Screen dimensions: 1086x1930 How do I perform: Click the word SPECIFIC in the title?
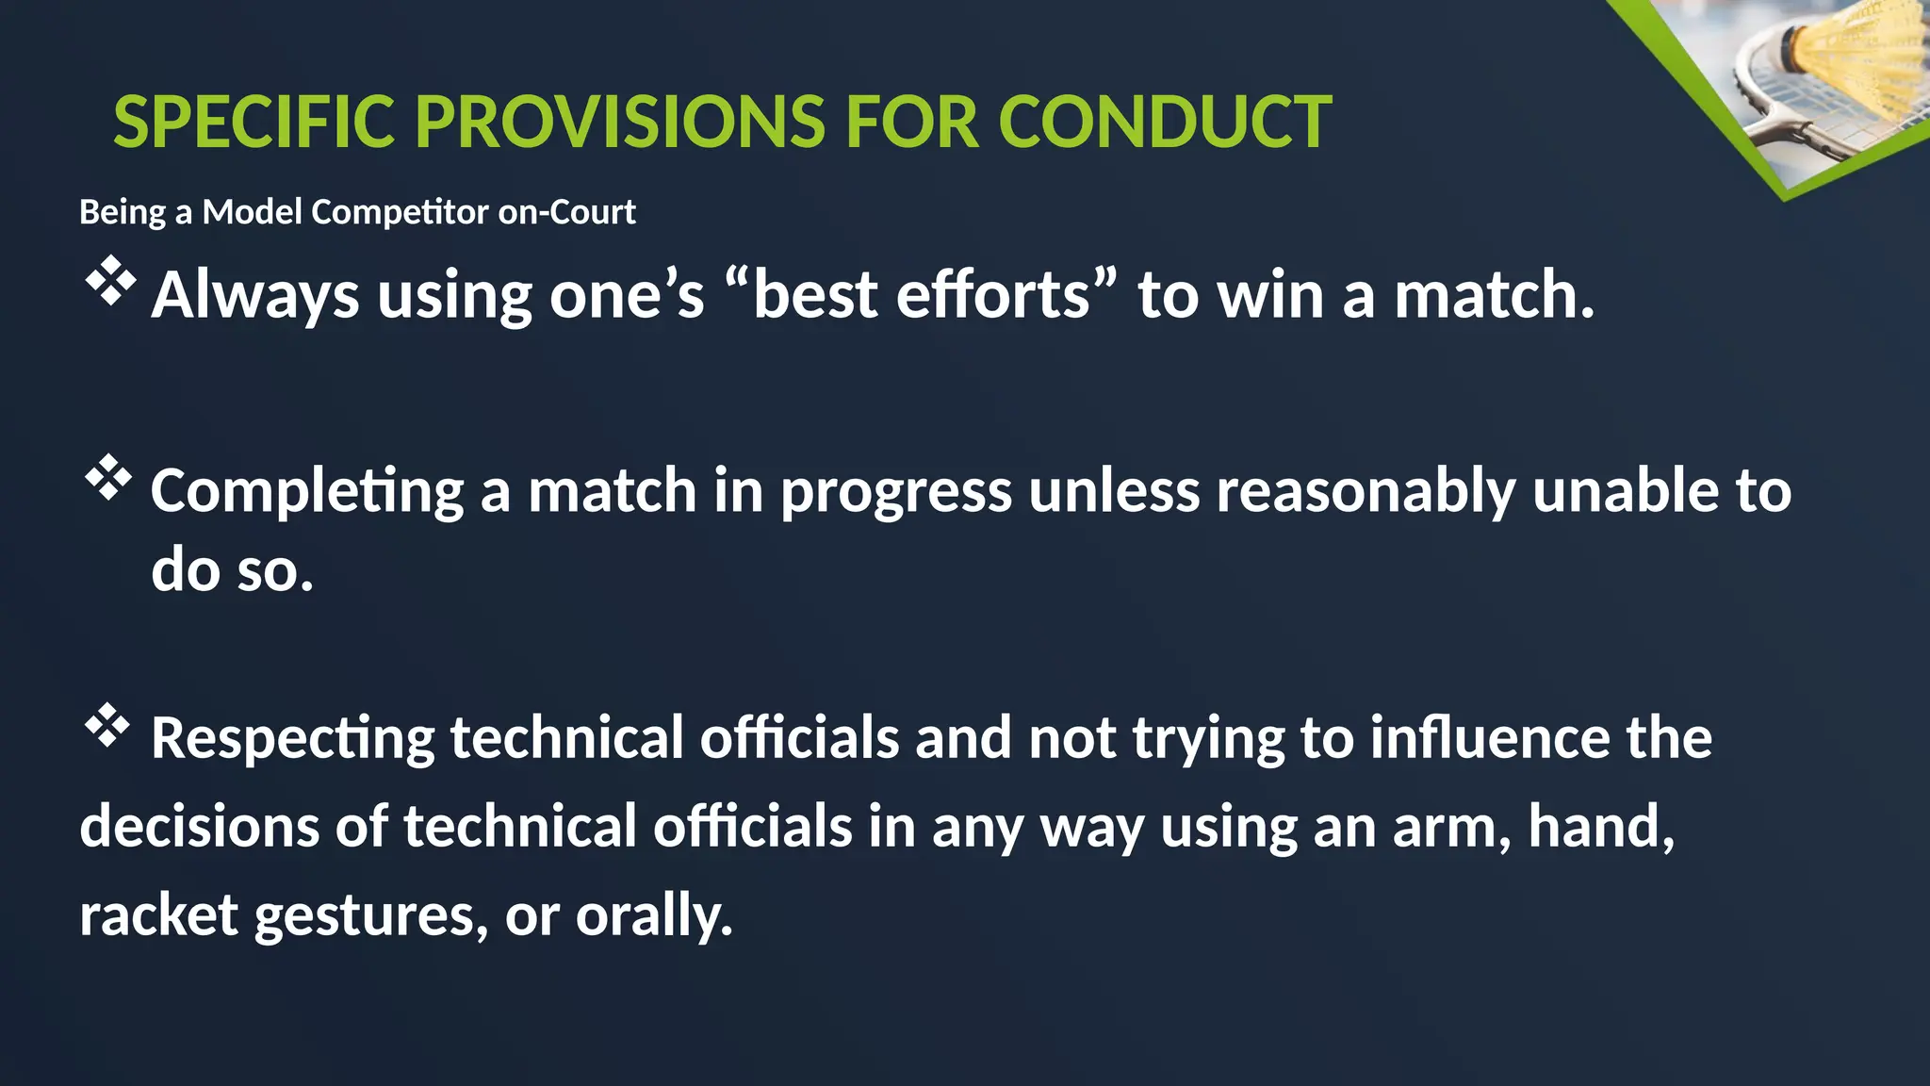tap(253, 123)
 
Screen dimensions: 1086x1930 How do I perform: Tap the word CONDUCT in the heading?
tap(1165, 123)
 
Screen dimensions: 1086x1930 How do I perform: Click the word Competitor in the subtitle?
tap(399, 213)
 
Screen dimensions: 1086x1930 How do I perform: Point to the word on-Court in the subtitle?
tap(566, 213)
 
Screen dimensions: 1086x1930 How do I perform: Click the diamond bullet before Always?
tap(110, 281)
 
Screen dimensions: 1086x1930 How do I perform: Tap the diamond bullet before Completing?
tap(109, 479)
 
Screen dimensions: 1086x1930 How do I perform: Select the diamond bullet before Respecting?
tap(107, 726)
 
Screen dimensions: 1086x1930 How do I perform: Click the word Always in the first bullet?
tap(254, 296)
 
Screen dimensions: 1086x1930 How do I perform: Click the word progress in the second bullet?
tap(895, 492)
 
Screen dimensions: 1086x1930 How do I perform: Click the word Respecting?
tap(292, 738)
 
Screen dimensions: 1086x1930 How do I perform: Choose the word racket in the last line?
tap(158, 915)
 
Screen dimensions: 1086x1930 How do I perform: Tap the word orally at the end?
tap(653, 915)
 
